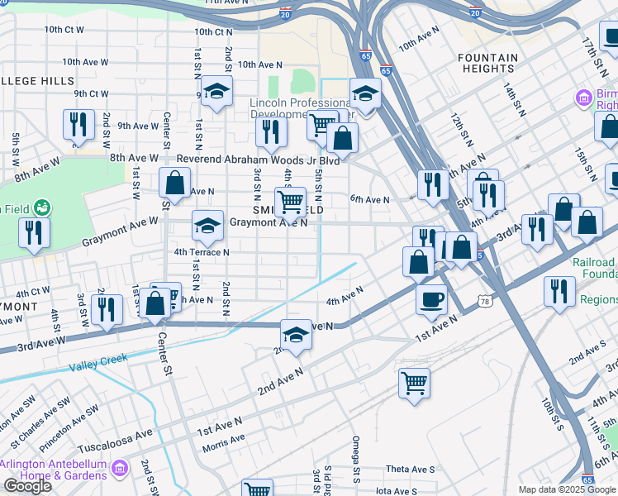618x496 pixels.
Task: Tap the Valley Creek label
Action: tap(98, 363)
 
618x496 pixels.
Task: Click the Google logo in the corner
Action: tap(27, 486)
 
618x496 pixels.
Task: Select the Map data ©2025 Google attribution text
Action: tap(567, 489)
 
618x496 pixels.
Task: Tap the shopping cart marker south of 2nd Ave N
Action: tap(414, 383)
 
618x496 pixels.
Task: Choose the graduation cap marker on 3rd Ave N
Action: tap(296, 335)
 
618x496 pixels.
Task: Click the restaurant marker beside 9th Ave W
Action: tap(78, 124)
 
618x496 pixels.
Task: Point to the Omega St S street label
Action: tap(355, 451)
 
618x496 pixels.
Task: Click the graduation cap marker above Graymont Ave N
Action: tap(208, 225)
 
